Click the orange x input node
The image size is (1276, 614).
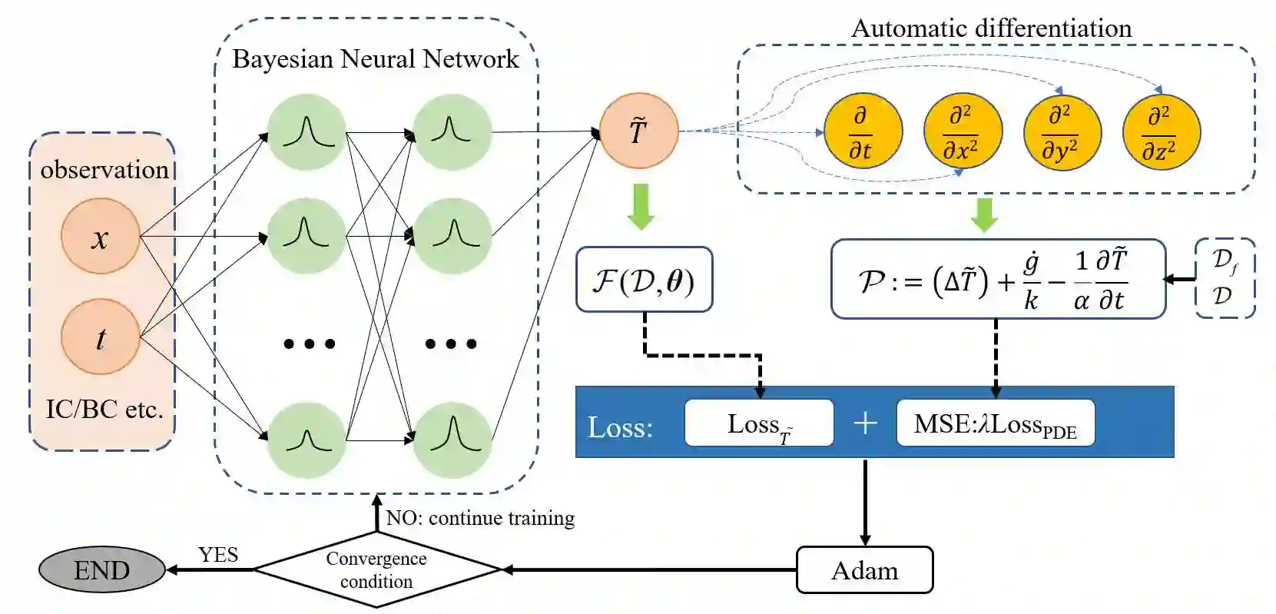[x=100, y=237]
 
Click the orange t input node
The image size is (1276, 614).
[x=100, y=337]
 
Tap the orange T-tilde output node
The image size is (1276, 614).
[x=638, y=131]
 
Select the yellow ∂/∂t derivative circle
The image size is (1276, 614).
[x=862, y=131]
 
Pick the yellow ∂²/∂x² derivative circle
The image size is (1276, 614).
[x=962, y=131]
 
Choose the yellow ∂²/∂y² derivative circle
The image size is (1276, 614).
[x=1062, y=131]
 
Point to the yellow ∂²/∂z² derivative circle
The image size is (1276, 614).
[x=1160, y=131]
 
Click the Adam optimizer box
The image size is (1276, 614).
[x=864, y=570]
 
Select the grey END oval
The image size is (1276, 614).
[x=101, y=570]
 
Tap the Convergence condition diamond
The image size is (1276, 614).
[x=376, y=570]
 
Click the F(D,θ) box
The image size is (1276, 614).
[x=644, y=280]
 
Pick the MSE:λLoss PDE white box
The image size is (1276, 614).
[x=995, y=423]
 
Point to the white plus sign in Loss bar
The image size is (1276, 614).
[x=865, y=423]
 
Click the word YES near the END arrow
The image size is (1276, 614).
[x=218, y=555]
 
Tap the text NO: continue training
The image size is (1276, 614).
[x=480, y=518]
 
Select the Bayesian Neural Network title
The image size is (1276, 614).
[x=376, y=59]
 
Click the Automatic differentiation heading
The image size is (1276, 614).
[x=991, y=28]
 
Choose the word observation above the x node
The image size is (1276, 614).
[x=104, y=169]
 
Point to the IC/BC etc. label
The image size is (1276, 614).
[x=104, y=409]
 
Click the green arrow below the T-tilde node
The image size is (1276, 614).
[x=640, y=206]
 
